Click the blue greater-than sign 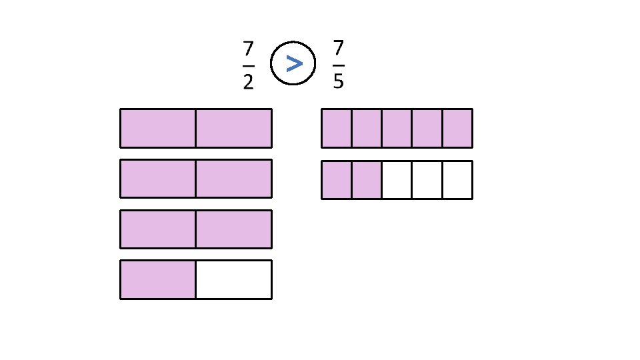pos(293,63)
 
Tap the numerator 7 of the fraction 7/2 pos(248,49)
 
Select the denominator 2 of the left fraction pos(248,82)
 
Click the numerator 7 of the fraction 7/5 pos(338,49)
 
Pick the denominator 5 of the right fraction pos(338,81)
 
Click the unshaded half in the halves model pos(233,279)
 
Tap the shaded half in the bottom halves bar pos(158,279)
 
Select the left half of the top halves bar pos(158,128)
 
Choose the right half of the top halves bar pos(233,128)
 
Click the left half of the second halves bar pos(158,179)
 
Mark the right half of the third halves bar pos(233,229)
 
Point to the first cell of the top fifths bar pos(337,128)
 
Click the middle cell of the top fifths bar pos(397,128)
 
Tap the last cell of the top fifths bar pos(457,128)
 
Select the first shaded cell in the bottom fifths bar pos(337,180)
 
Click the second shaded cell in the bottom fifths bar pos(367,180)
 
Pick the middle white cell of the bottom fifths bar pos(427,180)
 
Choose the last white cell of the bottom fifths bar pos(457,180)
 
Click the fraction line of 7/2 pos(248,66)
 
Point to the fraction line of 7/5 pos(338,66)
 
